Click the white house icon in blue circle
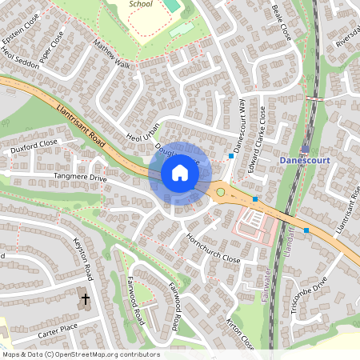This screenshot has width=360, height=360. pyautogui.click(x=180, y=173)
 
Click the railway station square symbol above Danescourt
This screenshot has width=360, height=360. pyautogui.click(x=306, y=149)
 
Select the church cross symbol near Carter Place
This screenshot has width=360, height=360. pyautogui.click(x=86, y=300)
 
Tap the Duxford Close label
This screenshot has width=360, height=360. pyautogui.click(x=34, y=145)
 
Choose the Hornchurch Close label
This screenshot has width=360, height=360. pyautogui.click(x=213, y=249)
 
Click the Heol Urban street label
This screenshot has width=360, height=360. pyautogui.click(x=144, y=132)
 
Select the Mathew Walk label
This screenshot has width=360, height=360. pyautogui.click(x=110, y=54)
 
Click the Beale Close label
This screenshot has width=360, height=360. pyautogui.click(x=282, y=21)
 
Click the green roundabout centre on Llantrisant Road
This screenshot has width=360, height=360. pyautogui.click(x=220, y=192)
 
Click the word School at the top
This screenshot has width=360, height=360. pyautogui.click(x=141, y=4)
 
